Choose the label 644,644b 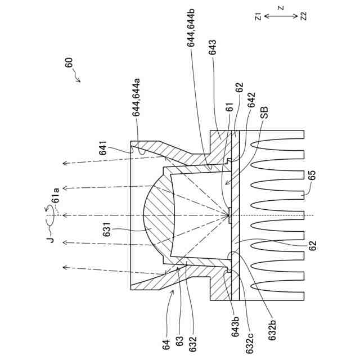pos(191,44)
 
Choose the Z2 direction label pos(304,17)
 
